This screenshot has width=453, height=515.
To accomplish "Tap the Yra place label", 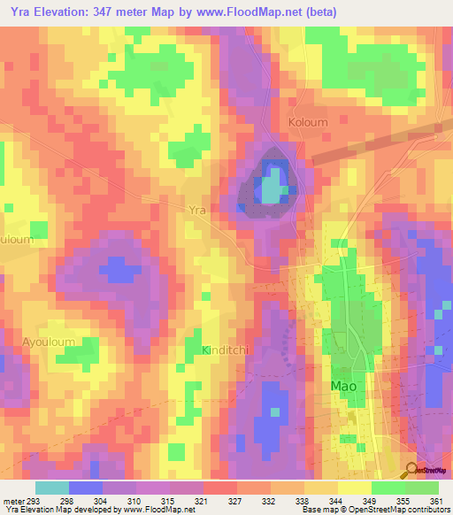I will (197, 211).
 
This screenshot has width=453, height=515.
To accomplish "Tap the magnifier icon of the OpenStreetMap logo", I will (411, 471).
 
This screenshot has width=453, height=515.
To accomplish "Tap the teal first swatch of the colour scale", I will (52, 488).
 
